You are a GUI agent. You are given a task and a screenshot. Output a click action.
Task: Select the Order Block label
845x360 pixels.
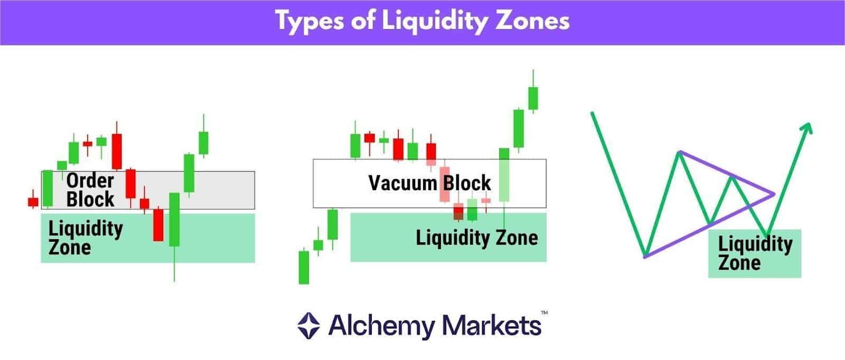(90, 190)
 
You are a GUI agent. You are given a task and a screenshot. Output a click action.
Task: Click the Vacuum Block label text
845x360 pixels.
(429, 183)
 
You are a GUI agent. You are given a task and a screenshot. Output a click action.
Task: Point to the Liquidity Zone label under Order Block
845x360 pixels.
(85, 238)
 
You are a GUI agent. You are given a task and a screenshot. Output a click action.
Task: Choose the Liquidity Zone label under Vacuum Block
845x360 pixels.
(476, 238)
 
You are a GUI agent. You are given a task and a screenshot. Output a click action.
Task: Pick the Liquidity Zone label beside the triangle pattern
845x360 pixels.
(755, 253)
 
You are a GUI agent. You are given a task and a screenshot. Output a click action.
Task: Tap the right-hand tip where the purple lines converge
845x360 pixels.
(774, 194)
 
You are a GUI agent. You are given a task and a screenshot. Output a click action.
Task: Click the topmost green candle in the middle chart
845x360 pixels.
(533, 98)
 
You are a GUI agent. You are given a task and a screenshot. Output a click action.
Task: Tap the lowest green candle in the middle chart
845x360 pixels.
(304, 267)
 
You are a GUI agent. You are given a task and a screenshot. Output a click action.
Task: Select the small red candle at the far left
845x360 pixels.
(33, 202)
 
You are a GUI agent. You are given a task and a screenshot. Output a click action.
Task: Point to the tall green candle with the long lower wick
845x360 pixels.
(174, 220)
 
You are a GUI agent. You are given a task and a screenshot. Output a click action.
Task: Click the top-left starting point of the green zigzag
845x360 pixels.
(593, 112)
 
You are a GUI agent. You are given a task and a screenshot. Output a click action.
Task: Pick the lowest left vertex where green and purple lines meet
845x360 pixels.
(645, 257)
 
